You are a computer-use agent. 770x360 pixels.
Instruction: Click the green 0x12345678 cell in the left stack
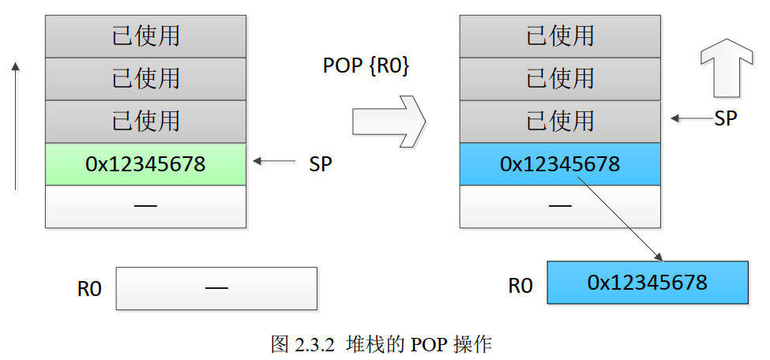click(145, 164)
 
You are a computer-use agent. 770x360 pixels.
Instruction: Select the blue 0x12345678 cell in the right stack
click(559, 164)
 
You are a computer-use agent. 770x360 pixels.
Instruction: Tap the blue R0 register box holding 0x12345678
click(647, 283)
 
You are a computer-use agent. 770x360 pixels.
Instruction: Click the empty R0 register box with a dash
click(216, 288)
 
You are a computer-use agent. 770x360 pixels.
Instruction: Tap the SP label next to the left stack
click(321, 164)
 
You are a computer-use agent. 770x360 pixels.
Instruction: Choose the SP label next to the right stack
click(726, 118)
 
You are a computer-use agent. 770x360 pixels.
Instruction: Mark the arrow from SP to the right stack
click(689, 119)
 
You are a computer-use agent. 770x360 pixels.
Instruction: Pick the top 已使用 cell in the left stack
click(145, 36)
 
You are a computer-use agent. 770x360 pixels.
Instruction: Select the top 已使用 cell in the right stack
click(559, 36)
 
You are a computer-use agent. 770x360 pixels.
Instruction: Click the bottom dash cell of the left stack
click(145, 207)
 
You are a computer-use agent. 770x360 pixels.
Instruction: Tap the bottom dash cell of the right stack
click(559, 207)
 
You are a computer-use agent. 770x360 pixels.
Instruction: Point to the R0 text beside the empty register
click(89, 289)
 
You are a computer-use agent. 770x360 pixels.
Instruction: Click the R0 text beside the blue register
click(520, 284)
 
